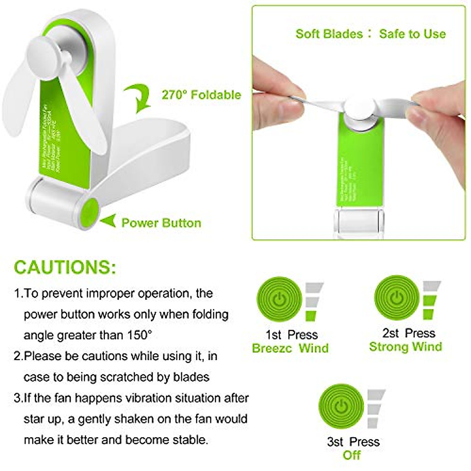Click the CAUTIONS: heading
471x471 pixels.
click(65, 267)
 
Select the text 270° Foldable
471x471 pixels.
click(201, 95)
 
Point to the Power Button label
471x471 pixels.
click(161, 223)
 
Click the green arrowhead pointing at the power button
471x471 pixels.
click(108, 221)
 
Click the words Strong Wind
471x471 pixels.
click(405, 347)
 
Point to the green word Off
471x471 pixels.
click(351, 455)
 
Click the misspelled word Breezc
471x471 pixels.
click(271, 348)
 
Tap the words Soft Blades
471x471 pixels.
click(329, 34)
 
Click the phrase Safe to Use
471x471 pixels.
click(412, 34)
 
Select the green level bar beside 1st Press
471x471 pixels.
click(311, 315)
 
